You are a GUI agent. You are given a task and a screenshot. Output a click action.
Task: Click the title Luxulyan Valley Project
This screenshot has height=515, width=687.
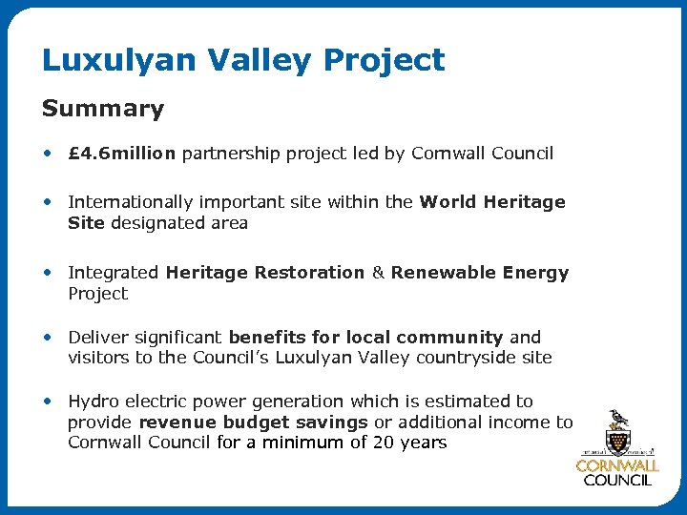point(243,61)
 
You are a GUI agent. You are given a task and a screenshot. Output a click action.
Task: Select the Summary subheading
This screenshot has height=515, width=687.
point(103,110)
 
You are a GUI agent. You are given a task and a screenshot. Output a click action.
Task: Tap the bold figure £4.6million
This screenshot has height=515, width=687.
point(122,154)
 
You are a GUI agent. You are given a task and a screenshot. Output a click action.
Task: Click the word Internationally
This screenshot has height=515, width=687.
point(127,202)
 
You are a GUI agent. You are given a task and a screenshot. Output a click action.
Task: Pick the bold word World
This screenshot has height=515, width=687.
point(448,202)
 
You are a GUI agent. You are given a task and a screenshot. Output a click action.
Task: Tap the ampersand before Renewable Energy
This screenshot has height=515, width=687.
point(377,273)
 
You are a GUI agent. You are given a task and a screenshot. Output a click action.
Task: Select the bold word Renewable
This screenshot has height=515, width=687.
point(438,273)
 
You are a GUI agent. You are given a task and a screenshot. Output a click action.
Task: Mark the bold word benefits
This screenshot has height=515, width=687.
point(267,338)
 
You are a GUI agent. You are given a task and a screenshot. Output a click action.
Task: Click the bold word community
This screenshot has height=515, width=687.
point(449,338)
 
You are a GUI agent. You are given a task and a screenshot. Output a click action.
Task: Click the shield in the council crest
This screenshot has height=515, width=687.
point(617,441)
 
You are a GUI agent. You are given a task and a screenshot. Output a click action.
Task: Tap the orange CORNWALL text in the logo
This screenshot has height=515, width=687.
point(617,465)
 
